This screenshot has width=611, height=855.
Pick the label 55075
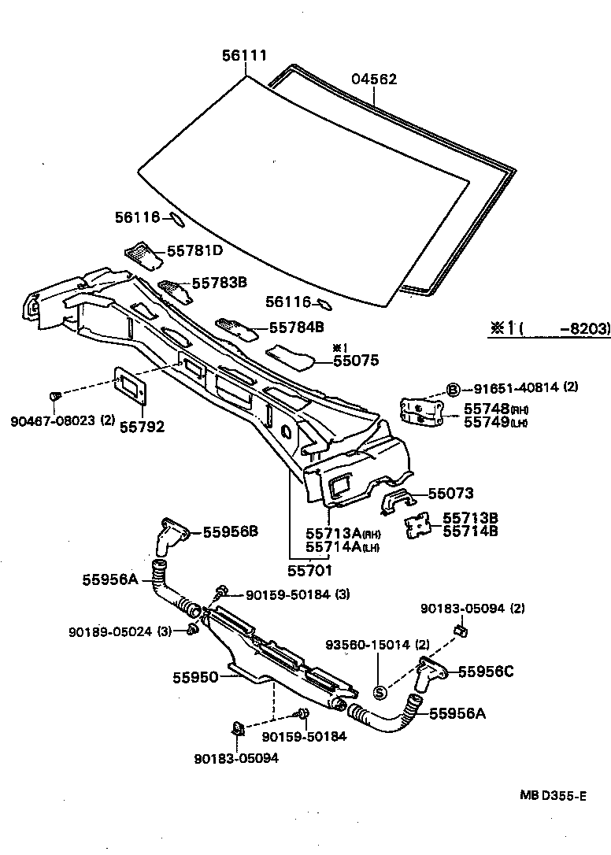pos(355,361)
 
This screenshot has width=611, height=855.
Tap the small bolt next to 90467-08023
pos(56,396)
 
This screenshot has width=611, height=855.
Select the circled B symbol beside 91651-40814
pos(454,388)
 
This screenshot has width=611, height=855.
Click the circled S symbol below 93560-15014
pos(379,692)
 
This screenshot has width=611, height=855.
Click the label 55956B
pos(230,531)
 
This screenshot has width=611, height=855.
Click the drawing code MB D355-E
pos(552,796)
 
